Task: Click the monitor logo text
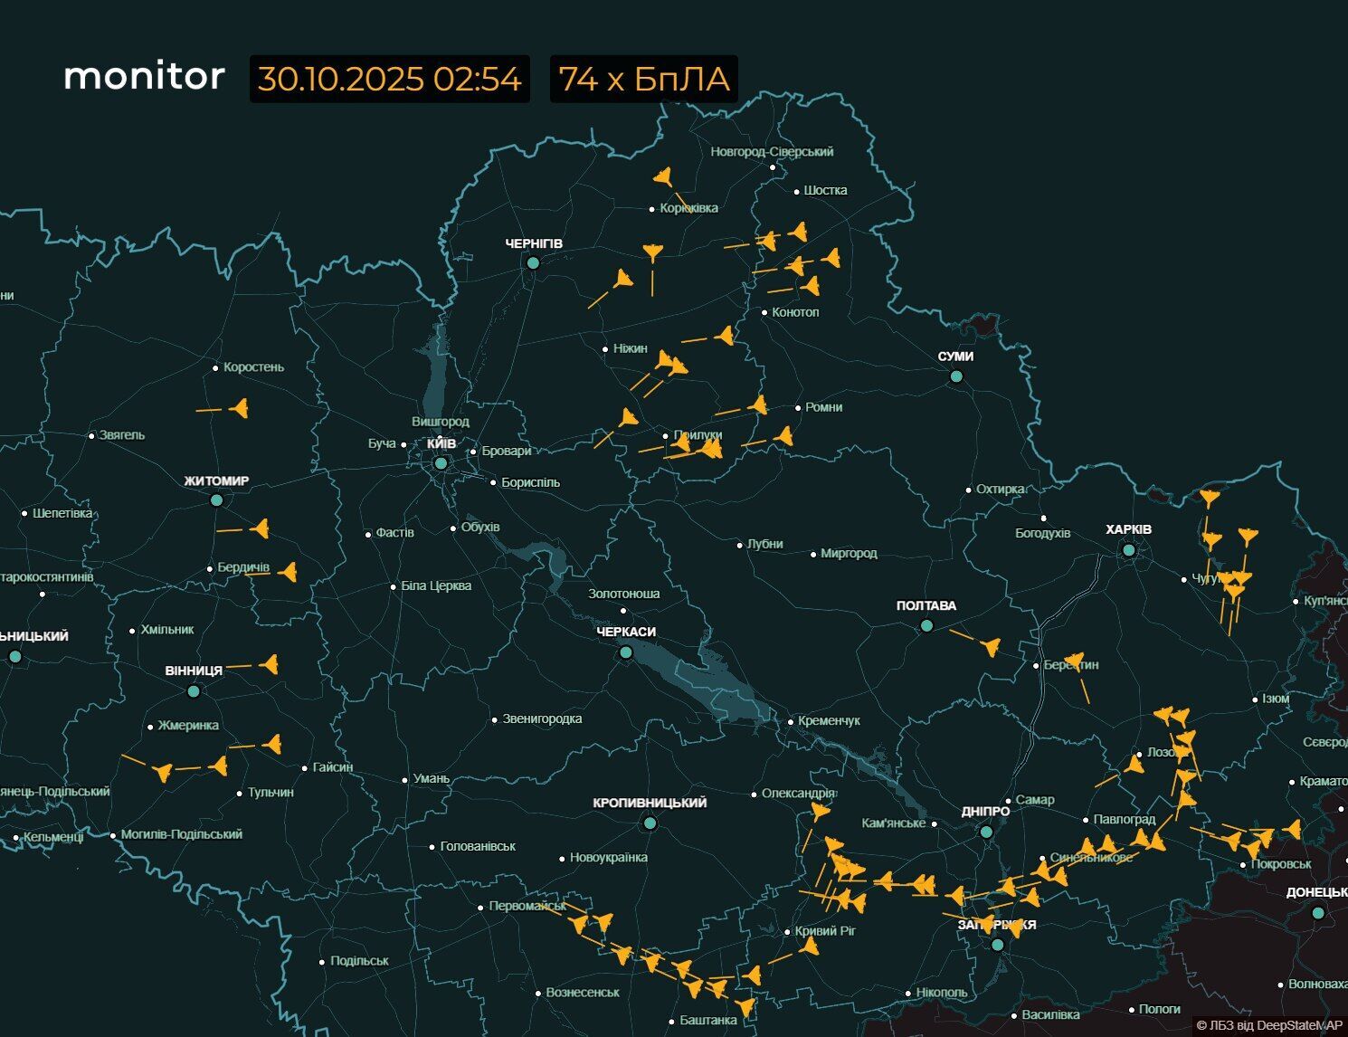(144, 77)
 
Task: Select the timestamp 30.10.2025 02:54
(389, 79)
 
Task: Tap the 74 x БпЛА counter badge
(643, 79)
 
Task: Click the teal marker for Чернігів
(533, 262)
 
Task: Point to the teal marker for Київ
(441, 463)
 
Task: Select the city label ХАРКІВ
(1128, 529)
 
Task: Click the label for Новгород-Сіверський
(771, 152)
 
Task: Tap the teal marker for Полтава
(926, 625)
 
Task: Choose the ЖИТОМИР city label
(216, 481)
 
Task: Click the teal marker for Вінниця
(193, 691)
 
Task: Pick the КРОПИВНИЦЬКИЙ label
(650, 803)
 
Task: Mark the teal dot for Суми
(956, 376)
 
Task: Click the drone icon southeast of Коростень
(239, 409)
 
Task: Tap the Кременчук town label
(828, 720)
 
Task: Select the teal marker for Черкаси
(625, 652)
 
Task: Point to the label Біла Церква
(435, 586)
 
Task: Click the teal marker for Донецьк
(1318, 913)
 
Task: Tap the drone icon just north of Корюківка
(664, 176)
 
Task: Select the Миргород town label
(848, 553)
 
